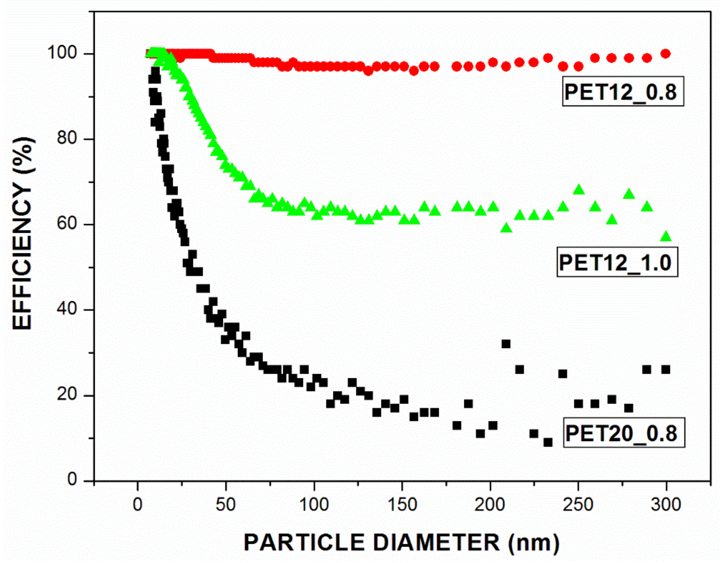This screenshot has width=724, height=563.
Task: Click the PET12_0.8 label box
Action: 623,92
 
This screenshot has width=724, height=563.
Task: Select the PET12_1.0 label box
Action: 617,262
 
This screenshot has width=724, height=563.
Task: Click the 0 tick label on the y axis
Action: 73,480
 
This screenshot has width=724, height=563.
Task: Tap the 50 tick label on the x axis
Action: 226,505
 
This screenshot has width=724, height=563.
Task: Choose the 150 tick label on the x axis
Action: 402,505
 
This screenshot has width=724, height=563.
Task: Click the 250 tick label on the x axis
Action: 578,505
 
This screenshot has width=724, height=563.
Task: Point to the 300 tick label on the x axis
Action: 666,505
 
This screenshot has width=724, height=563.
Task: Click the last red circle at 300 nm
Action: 666,54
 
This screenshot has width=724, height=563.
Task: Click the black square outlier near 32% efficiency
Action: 506,344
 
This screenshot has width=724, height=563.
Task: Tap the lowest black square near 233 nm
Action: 548,442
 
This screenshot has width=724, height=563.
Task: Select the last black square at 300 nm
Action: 666,369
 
